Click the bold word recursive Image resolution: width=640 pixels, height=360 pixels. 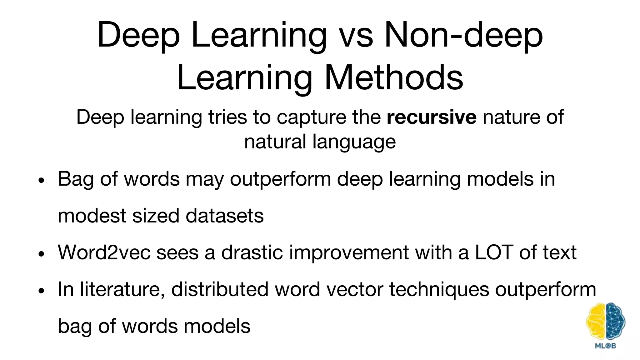pos(431,117)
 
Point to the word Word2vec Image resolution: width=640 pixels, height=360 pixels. pos(104,252)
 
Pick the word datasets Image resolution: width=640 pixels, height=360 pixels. pos(224,216)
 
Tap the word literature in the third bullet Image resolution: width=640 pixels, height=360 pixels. pos(122,289)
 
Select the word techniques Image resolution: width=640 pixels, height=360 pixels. pos(439,289)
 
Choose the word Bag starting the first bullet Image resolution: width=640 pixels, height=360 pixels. pos(76,179)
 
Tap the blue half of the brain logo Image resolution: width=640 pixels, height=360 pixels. pos(615,322)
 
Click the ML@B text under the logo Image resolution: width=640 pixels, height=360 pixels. pos(606,346)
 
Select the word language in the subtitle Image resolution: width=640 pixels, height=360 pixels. pos(354,142)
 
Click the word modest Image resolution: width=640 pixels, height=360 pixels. pos(92,216)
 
